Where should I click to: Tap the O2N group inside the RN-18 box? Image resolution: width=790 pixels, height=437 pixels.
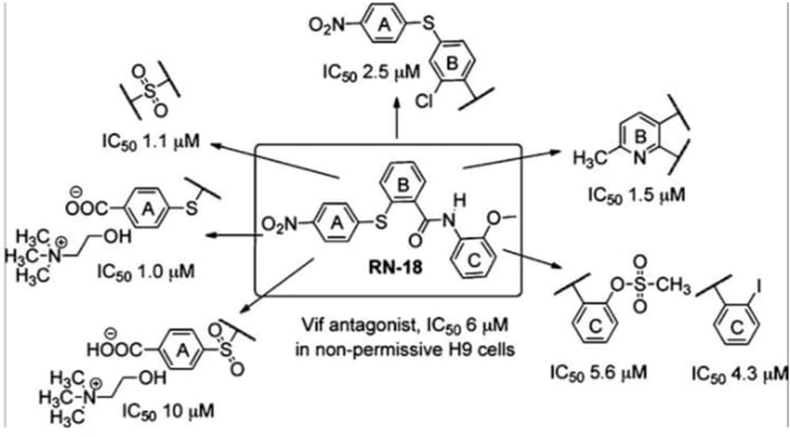pyautogui.click(x=279, y=225)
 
